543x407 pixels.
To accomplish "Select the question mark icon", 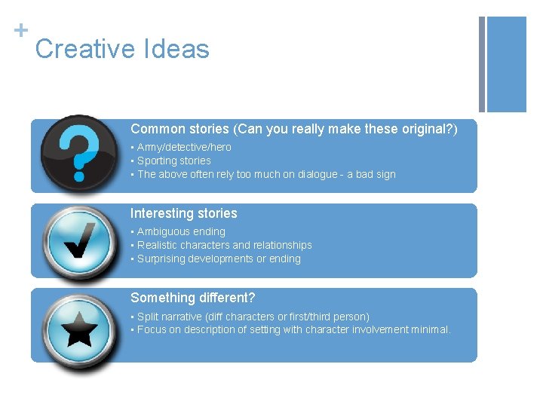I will click(x=78, y=152).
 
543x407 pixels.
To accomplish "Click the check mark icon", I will click(x=78, y=240).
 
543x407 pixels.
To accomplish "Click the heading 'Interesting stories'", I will click(x=183, y=214).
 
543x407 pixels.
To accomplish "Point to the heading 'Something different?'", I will click(x=192, y=298).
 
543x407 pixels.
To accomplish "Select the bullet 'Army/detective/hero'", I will click(x=184, y=148).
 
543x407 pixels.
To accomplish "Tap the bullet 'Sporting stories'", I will click(x=173, y=161).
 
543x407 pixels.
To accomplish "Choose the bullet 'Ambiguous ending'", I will click(x=181, y=232).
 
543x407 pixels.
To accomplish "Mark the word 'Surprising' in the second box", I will click(x=161, y=259).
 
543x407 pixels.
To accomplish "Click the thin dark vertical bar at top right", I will click(x=482, y=64).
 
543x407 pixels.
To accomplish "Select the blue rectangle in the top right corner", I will click(x=507, y=64).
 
